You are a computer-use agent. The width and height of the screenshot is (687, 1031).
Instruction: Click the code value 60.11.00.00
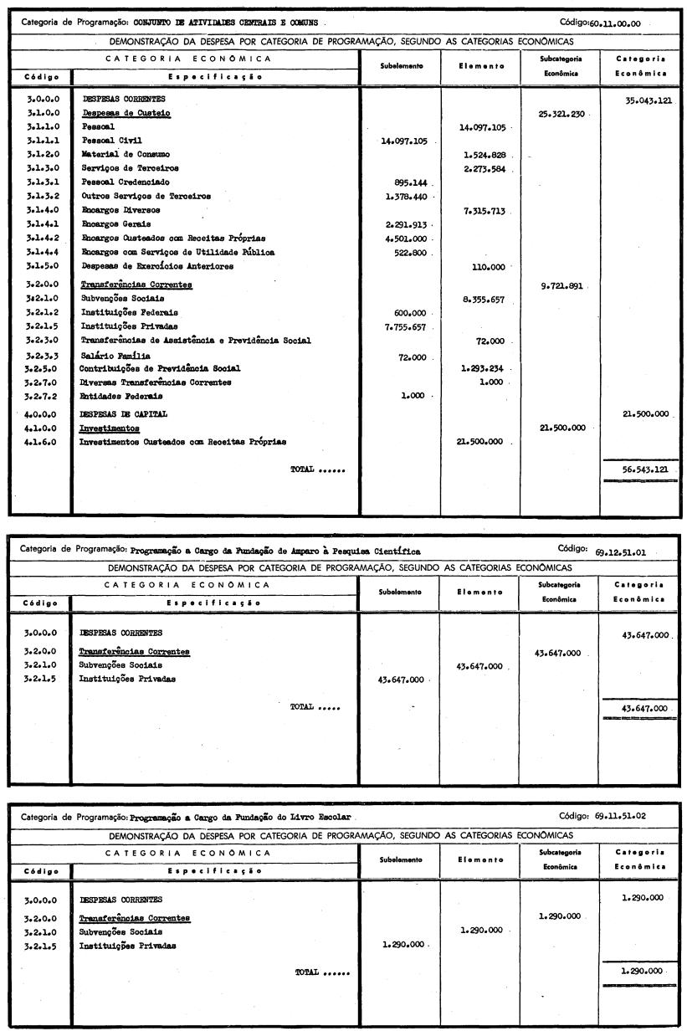click(x=616, y=23)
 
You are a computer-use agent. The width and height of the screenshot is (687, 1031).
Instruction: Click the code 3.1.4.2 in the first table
click(x=42, y=239)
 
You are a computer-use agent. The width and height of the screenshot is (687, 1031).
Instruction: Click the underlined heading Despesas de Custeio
click(x=115, y=114)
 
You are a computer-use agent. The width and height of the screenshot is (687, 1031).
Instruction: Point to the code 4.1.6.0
click(x=42, y=441)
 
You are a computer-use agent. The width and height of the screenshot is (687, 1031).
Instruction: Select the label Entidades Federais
click(x=115, y=397)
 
